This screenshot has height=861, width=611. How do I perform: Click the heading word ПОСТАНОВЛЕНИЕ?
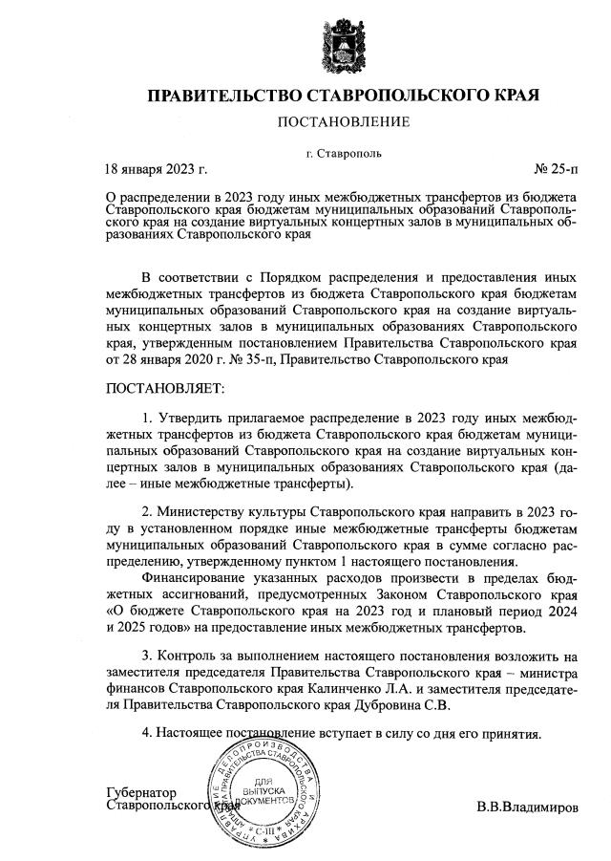(344, 121)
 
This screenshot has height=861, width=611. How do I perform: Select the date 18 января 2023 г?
(156, 170)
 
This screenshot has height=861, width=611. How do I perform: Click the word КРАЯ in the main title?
(516, 96)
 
